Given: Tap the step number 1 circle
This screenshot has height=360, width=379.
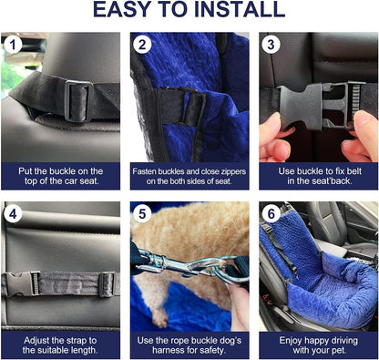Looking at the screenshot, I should [13, 45].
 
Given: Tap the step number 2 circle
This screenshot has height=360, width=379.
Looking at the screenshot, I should [142, 45].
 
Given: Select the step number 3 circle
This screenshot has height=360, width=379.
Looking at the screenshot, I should [271, 45].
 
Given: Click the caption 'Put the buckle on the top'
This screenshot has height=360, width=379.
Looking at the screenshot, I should [60, 176].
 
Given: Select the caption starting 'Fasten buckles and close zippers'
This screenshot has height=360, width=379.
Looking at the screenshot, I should [189, 176].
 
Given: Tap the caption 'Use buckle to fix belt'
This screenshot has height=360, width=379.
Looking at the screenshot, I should [318, 176].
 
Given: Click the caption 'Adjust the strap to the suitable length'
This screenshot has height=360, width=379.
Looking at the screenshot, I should [60, 345].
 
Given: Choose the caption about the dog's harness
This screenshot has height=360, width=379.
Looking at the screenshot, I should [189, 345].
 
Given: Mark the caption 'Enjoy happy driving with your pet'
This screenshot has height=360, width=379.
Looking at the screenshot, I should [318, 345].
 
